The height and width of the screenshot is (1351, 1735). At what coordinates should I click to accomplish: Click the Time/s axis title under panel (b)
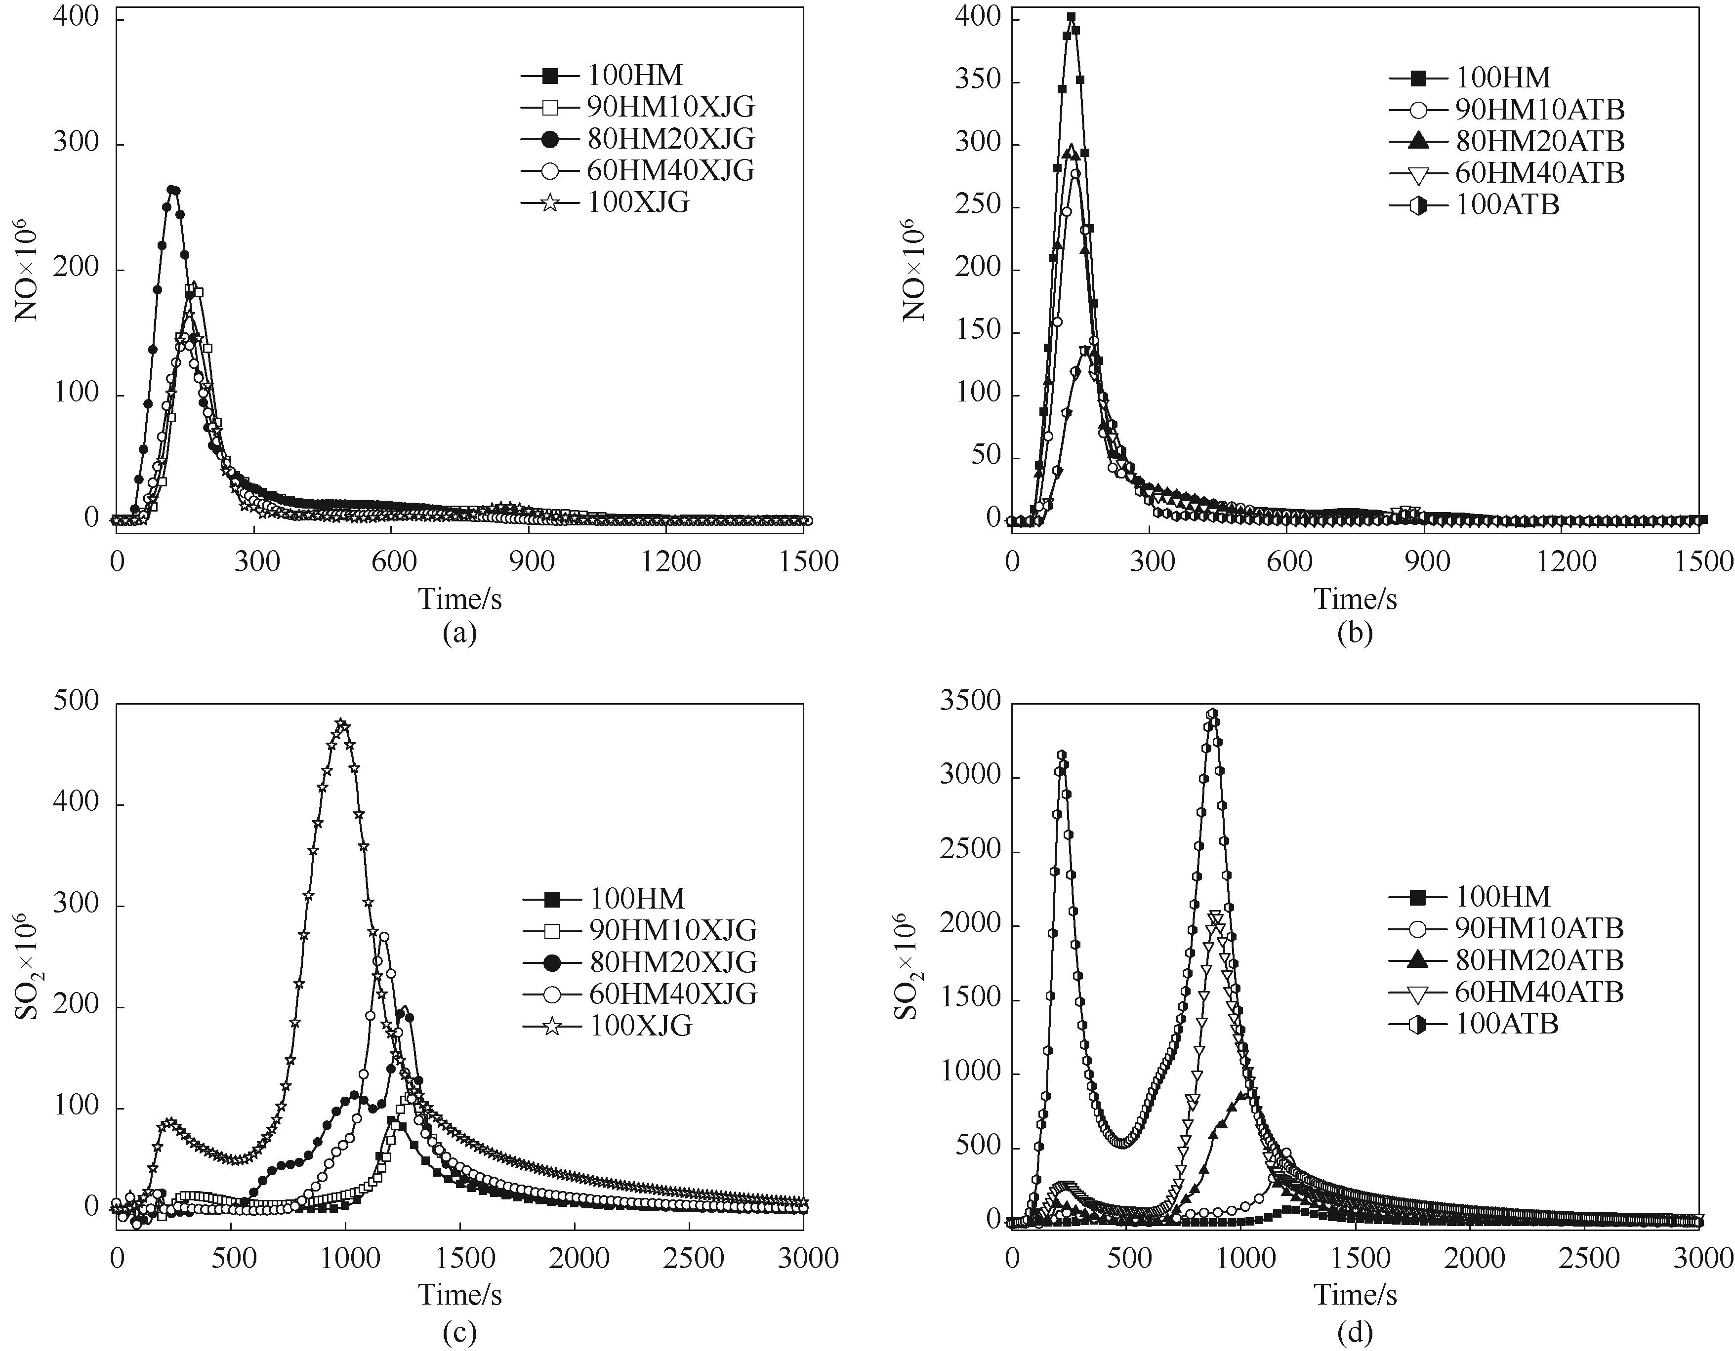(1355, 599)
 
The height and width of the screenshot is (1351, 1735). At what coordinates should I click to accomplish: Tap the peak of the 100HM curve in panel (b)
(1071, 17)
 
